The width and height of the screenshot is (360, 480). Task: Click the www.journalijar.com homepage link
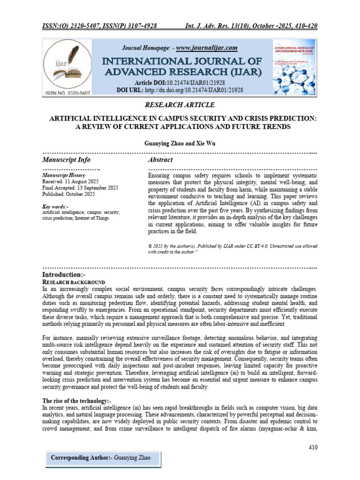207,48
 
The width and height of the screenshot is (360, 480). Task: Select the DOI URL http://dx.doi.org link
194,89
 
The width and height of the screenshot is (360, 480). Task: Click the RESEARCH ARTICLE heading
180,104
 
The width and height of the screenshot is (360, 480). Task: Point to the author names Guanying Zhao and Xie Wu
180,142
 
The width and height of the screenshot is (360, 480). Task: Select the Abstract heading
161,160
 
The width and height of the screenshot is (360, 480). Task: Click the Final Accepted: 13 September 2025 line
80,187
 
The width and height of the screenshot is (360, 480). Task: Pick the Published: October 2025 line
68,194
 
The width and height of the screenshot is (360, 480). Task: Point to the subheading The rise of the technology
77,401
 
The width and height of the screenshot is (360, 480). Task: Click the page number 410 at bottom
313,447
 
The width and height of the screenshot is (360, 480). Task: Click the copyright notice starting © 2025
232,248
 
